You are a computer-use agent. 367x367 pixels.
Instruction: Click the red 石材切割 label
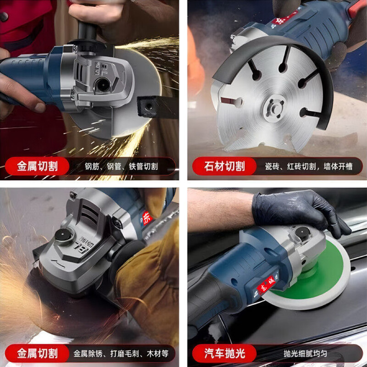click(x=224, y=166)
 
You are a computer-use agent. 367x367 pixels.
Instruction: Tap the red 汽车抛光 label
click(x=224, y=353)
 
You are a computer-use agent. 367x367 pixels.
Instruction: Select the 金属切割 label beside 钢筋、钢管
click(x=38, y=166)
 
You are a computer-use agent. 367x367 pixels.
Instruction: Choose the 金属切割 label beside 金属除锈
click(x=38, y=353)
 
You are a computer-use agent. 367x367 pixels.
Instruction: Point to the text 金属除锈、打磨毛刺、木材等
click(x=121, y=354)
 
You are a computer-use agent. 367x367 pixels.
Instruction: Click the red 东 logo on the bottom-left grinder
click(x=146, y=218)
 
